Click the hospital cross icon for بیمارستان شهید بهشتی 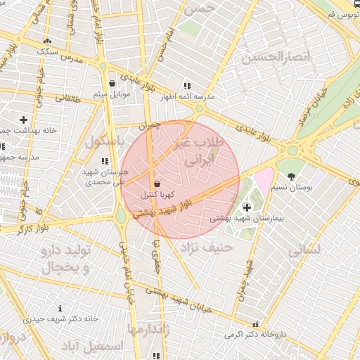(x=247, y=207)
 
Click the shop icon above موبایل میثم (x=112, y=83)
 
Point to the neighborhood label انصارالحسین (x=276, y=57)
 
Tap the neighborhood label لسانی (x=304, y=249)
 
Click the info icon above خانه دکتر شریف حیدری (x=60, y=308)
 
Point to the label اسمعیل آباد (x=91, y=347)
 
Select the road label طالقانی (x=68, y=98)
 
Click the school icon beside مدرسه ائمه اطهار (x=186, y=85)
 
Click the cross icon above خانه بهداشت (x=24, y=120)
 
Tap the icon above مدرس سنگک (x=47, y=41)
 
